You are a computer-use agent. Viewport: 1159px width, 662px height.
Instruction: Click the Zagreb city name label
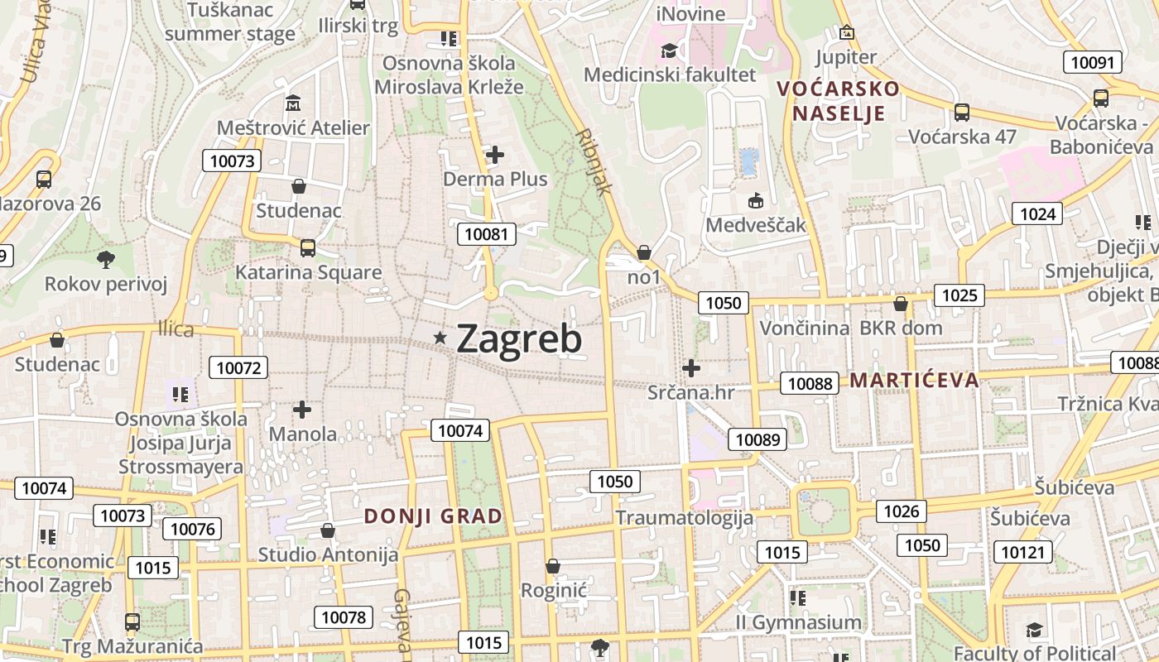(518, 338)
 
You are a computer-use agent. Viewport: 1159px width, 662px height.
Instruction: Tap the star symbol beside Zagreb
(440, 337)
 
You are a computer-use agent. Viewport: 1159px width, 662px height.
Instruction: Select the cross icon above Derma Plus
(495, 154)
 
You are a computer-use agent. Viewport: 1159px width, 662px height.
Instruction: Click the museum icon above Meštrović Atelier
(293, 103)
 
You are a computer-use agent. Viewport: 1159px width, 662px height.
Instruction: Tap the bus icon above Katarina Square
(307, 247)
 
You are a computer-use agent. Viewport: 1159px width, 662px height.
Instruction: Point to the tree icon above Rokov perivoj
(105, 260)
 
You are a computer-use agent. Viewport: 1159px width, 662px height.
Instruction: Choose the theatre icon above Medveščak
(755, 200)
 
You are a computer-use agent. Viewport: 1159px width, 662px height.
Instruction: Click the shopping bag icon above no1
(644, 252)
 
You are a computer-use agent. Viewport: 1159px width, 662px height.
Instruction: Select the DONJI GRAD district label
(433, 516)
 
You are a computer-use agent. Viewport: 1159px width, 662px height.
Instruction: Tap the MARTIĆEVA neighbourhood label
(914, 381)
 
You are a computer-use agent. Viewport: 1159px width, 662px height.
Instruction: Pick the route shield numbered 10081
(487, 234)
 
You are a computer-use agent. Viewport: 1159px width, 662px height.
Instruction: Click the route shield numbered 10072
(239, 367)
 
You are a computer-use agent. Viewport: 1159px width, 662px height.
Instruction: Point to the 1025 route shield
(959, 295)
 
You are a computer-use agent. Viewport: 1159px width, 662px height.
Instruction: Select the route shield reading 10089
(758, 439)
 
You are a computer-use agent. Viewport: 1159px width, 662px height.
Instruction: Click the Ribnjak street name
(594, 161)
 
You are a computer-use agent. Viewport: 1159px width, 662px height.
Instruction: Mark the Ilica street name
(176, 330)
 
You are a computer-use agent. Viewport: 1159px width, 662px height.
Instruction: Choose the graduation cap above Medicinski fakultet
(669, 51)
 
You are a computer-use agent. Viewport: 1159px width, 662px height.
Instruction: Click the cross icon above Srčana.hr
(691, 368)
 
